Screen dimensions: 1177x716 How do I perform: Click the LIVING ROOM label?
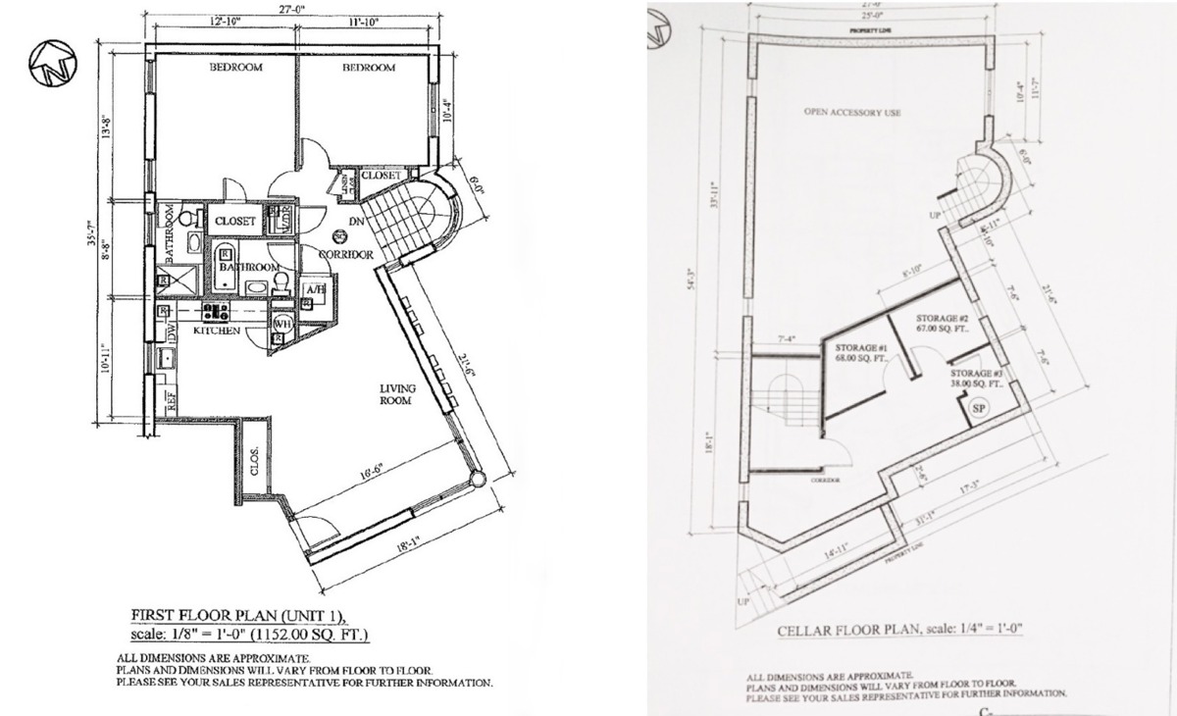[x=397, y=394]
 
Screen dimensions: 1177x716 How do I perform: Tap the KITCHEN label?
[x=217, y=332]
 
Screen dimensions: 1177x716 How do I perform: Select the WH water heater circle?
[x=281, y=324]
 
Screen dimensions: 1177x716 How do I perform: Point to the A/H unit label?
[x=315, y=290]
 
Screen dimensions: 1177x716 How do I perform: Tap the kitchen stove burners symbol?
[x=216, y=312]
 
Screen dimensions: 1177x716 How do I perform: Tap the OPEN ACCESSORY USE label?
[x=851, y=113]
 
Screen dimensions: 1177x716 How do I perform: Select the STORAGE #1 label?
[x=860, y=348]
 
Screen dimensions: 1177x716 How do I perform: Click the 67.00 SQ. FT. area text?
[x=942, y=330]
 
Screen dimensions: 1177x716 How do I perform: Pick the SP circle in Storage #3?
[x=978, y=407]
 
